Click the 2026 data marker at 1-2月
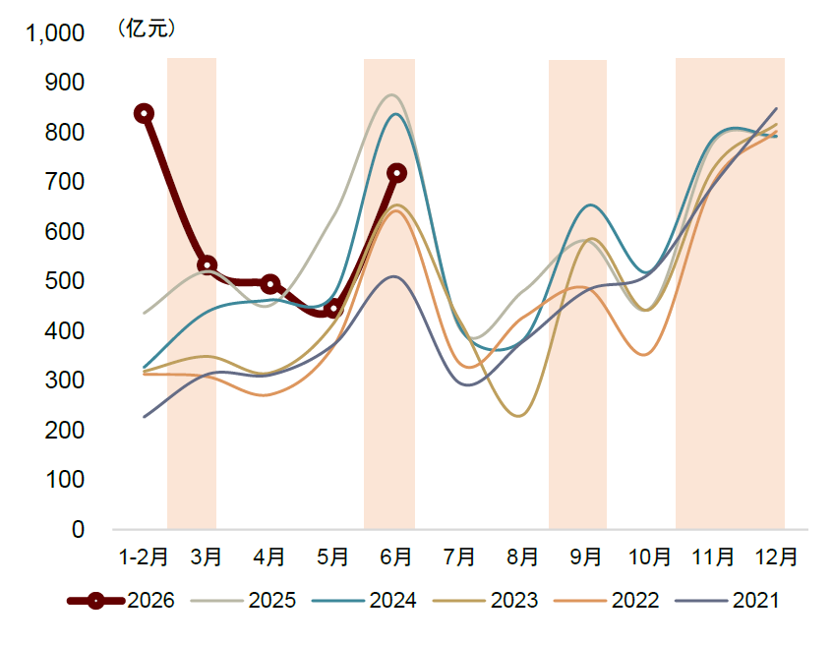point(144,113)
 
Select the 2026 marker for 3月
point(207,265)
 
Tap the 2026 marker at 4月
point(270,284)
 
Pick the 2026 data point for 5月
point(333,309)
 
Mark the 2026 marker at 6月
point(397,173)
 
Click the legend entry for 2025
point(243,601)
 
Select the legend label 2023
point(514,601)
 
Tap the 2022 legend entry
point(606,601)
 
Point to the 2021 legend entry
point(728,601)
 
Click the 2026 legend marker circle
point(95,601)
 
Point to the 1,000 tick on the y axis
point(55,33)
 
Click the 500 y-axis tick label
point(65,280)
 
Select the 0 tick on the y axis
point(78,529)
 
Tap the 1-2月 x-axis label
point(144,557)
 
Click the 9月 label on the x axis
point(585,557)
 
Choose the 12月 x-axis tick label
point(776,557)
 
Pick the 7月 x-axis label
point(459,557)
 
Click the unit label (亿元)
point(147,29)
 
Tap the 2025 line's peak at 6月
point(391,94)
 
